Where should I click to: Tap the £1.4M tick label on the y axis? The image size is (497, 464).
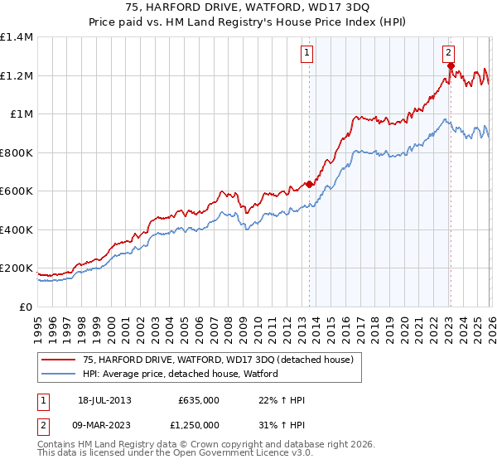pos(16,37)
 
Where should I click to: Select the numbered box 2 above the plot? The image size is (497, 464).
pos(449,51)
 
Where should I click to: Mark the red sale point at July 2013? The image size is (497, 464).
pos(309,184)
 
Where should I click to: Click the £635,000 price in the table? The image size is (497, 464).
pos(198,400)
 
